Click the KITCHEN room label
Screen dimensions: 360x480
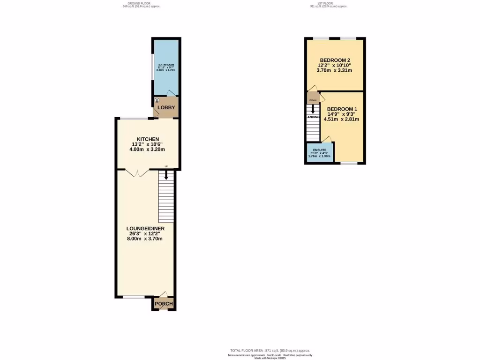[x=147, y=139]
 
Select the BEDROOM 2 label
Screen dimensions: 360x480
[x=335, y=60]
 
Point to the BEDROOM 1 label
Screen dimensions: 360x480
[x=342, y=109]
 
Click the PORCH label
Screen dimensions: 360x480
[x=164, y=304]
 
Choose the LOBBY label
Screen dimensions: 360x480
[x=166, y=107]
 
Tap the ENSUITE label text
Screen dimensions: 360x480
[x=320, y=150]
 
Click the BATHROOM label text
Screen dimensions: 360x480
[x=166, y=65]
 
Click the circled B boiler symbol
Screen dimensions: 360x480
[x=157, y=100]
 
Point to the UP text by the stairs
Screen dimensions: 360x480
[x=166, y=167]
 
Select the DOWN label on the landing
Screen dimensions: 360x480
[x=313, y=100]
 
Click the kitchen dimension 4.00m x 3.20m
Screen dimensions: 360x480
[x=147, y=150]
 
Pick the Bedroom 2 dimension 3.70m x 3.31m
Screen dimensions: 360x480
[x=335, y=70]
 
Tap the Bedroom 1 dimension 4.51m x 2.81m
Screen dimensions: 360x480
[x=342, y=119]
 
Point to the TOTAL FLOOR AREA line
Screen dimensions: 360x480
[x=270, y=351]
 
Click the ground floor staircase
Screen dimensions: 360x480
[x=166, y=197]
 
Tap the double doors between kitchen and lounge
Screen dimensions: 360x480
[x=136, y=173]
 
